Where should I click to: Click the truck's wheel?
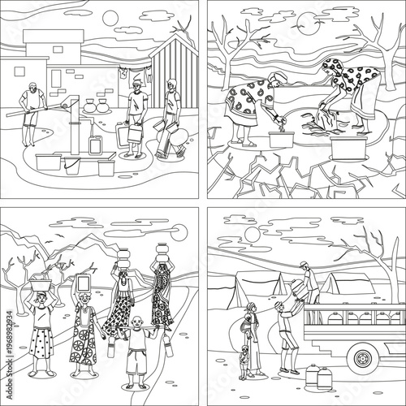tap(363, 355)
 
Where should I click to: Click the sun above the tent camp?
tap(252, 235)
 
